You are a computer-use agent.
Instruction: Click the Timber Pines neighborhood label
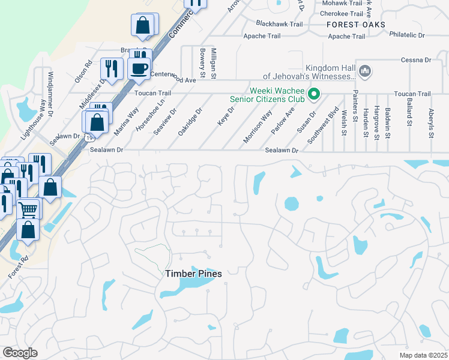click(x=193, y=274)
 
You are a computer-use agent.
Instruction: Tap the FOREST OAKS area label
click(x=356, y=25)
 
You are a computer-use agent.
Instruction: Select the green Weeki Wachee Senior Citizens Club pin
click(x=313, y=94)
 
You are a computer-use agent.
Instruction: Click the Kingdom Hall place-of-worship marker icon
click(x=365, y=72)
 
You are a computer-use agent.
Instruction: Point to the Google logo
click(x=20, y=353)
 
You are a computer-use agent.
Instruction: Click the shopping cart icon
click(x=28, y=209)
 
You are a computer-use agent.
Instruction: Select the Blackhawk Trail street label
click(x=279, y=24)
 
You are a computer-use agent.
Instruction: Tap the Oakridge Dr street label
click(x=191, y=122)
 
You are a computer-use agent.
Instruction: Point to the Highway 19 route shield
click(x=89, y=138)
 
